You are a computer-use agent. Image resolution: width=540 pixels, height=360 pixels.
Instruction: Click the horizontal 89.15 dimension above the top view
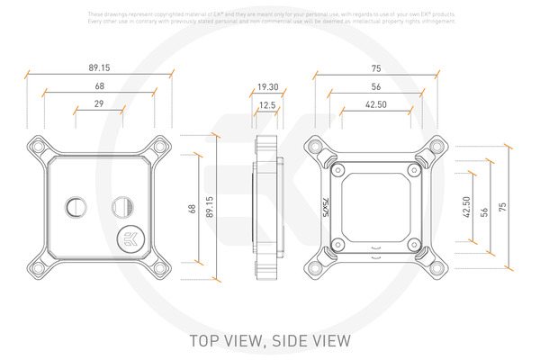click(x=100, y=67)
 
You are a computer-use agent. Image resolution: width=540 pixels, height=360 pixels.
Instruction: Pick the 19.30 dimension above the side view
click(x=266, y=87)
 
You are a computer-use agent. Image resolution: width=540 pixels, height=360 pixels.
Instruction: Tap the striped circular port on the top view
click(x=120, y=207)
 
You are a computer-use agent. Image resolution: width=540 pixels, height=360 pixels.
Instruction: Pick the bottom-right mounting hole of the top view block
click(x=160, y=267)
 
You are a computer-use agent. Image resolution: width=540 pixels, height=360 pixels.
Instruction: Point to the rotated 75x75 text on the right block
click(x=326, y=207)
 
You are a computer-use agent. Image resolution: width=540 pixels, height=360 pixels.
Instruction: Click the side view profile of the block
click(x=267, y=207)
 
